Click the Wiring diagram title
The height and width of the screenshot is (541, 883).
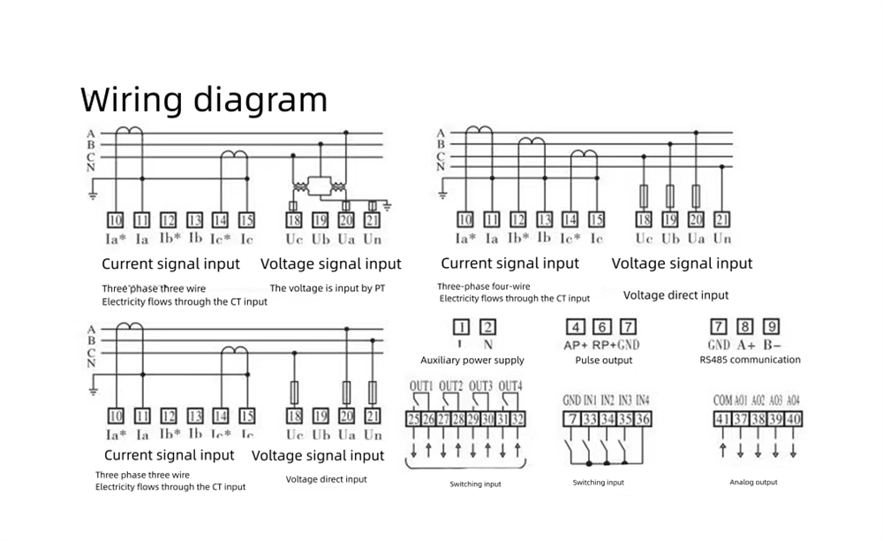coord(204,100)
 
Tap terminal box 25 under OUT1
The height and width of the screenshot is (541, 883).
coord(413,419)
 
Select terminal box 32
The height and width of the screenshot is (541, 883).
coord(517,419)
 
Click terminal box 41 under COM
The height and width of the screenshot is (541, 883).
coord(721,419)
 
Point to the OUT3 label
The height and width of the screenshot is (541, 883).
coord(480,386)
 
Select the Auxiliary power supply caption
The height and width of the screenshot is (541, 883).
coord(472,361)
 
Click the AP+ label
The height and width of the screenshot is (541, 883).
coord(575,345)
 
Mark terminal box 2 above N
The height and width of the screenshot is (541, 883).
coord(487,326)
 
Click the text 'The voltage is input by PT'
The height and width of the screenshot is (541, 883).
coord(328,288)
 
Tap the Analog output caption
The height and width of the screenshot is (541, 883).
coord(753,483)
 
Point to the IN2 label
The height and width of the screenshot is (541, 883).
coord(608,400)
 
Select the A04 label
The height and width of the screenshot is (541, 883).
coord(793,400)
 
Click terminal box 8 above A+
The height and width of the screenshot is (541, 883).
coord(745,325)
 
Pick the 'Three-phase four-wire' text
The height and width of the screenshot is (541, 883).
coord(484,286)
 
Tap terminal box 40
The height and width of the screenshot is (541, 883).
coord(794,419)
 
